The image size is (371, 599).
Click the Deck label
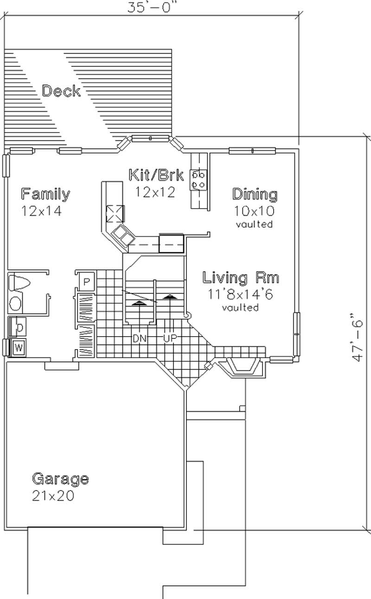pyautogui.click(x=61, y=91)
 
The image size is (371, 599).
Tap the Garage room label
pyautogui.click(x=60, y=478)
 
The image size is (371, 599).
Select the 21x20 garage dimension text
pyautogui.click(x=53, y=496)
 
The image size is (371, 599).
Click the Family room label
pyautogui.click(x=45, y=194)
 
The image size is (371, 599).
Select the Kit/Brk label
pyautogui.click(x=156, y=175)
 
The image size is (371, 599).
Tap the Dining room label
pyautogui.click(x=255, y=194)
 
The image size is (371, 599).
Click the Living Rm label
pyautogui.click(x=241, y=278)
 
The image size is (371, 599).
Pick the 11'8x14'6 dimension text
pyautogui.click(x=240, y=293)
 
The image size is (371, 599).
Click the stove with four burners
pyautogui.click(x=199, y=180)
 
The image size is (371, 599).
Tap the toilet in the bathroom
pyautogui.click(x=19, y=282)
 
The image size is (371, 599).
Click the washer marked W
pyautogui.click(x=19, y=347)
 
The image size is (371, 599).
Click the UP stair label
pyautogui.click(x=170, y=338)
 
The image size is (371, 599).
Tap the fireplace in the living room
pyautogui.click(x=243, y=366)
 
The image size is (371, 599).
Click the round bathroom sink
pyautogui.click(x=16, y=304)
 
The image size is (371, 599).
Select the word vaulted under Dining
pyautogui.click(x=254, y=224)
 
